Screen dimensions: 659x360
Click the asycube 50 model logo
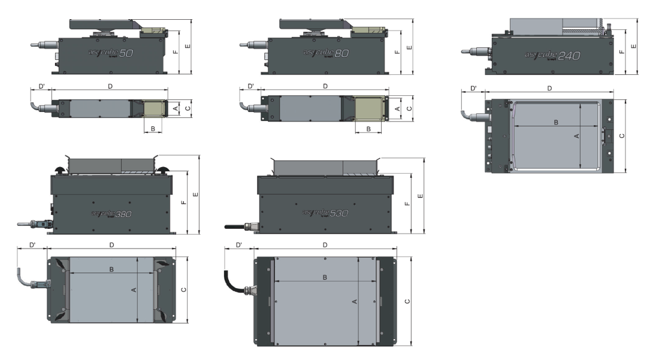[111, 53]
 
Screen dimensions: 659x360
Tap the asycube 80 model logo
[326, 53]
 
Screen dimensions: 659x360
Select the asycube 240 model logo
[552, 56]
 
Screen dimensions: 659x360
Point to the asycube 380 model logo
[111, 214]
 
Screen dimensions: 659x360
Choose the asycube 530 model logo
[325, 213]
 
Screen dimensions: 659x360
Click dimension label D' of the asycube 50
[41, 86]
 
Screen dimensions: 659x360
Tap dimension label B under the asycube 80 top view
[368, 129]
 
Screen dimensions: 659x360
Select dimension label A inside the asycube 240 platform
[576, 136]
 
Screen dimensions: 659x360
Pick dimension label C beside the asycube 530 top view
[407, 302]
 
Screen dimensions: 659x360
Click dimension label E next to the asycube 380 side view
[195, 195]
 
